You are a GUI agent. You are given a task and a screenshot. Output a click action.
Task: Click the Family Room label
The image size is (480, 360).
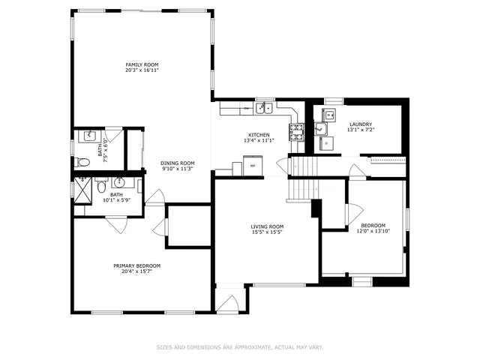(142, 64)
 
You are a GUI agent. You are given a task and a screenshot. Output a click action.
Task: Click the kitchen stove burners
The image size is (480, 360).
(297, 133)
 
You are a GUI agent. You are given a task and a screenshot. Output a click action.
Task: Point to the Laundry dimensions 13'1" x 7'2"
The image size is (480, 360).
(360, 130)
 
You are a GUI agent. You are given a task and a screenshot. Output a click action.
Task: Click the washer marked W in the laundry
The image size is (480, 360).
(329, 115)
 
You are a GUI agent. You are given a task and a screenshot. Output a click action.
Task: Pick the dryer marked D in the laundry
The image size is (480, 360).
(326, 141)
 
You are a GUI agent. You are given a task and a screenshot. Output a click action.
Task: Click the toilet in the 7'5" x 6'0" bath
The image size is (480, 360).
(83, 162)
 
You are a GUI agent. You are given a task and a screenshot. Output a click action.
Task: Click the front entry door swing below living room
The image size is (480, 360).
(228, 304)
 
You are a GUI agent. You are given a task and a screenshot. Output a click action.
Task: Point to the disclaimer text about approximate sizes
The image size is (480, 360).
(239, 347)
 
